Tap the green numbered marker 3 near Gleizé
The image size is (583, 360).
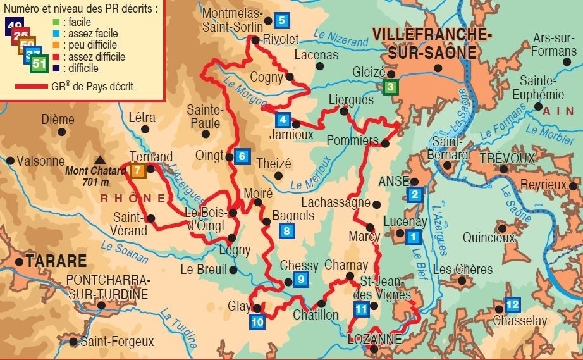pyautogui.click(x=391, y=87)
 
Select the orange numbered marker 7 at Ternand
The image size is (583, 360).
pyautogui.click(x=139, y=170)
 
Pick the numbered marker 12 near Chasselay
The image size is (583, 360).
pyautogui.click(x=512, y=305)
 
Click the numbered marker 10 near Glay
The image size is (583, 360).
pyautogui.click(x=257, y=321)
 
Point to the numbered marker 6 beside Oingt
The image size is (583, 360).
pyautogui.click(x=241, y=156)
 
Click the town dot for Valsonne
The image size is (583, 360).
pyautogui.click(x=10, y=161)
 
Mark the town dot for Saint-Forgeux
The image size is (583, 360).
pyautogui.click(x=74, y=342)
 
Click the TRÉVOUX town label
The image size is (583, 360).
pyautogui.click(x=506, y=158)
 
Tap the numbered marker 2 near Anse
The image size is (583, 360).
pyautogui.click(x=415, y=194)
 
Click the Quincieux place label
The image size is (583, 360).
pyautogui.click(x=489, y=238)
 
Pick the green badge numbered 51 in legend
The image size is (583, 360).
pyautogui.click(x=39, y=64)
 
